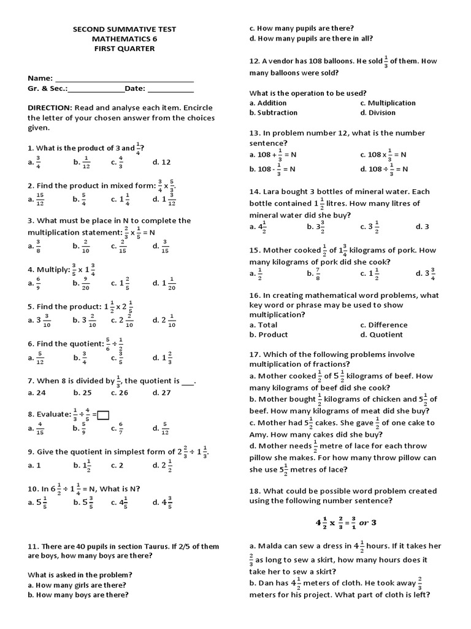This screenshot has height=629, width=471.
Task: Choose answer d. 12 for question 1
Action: tap(161, 162)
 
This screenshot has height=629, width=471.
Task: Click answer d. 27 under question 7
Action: tap(162, 393)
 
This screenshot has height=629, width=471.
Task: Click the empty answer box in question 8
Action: tap(103, 415)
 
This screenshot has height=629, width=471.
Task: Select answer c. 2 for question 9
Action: tap(117, 466)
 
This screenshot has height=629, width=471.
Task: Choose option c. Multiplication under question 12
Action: tap(387, 103)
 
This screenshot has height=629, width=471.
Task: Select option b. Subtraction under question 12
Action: tap(274, 113)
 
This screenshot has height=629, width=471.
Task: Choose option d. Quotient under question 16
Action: tap(381, 335)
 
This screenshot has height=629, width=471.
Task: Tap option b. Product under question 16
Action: tap(269, 335)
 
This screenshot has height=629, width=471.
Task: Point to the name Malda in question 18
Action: tap(270, 545)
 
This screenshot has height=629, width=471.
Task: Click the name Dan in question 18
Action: tap(266, 583)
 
